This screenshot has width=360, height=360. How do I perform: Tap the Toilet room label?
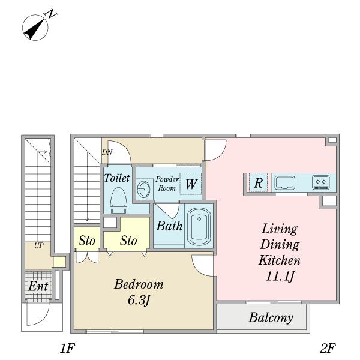116,178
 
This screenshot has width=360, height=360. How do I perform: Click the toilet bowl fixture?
119,200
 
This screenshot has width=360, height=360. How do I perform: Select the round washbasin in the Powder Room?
142,187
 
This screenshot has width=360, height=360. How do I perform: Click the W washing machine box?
190,184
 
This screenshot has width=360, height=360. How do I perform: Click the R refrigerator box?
257,183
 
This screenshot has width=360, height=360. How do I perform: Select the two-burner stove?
320,181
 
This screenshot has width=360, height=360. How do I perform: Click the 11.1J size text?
280,277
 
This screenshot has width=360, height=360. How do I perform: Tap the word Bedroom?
139,284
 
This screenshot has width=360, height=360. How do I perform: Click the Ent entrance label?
38,286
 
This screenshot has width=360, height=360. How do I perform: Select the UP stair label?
38,246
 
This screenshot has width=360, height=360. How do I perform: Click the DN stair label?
107,152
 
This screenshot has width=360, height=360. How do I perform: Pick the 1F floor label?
67,348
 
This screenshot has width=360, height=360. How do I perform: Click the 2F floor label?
327,348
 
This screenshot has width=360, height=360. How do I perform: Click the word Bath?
169,226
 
